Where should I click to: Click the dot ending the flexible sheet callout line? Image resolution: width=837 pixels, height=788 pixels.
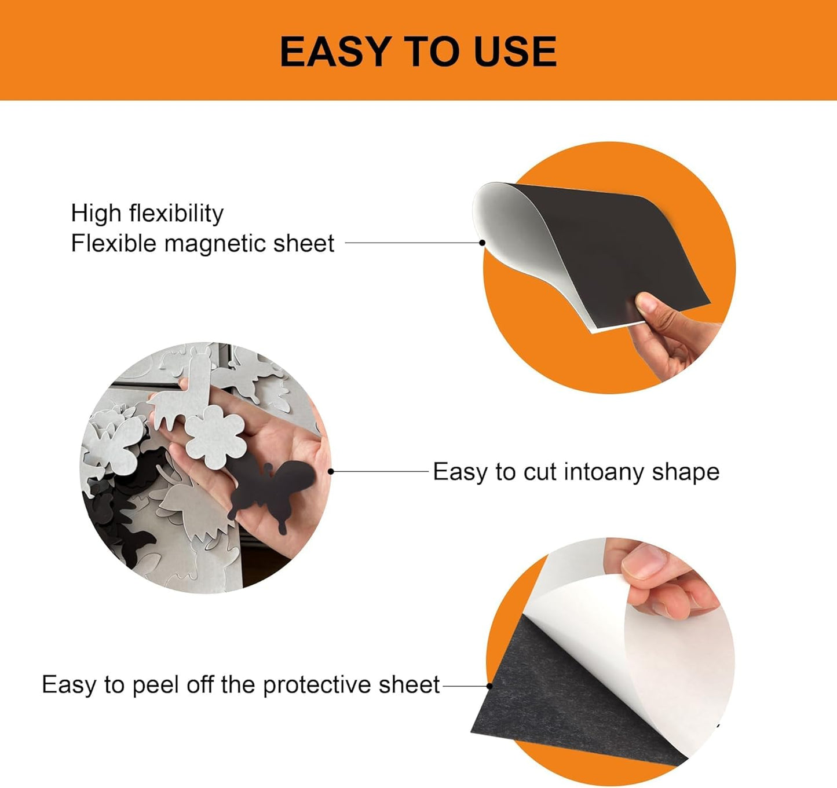click(x=482, y=243)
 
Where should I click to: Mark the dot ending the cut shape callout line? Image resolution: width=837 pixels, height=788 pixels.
click(x=331, y=471)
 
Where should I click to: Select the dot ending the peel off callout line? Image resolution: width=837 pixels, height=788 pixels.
click(x=489, y=686)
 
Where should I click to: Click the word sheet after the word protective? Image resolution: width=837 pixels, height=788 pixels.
click(x=409, y=686)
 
